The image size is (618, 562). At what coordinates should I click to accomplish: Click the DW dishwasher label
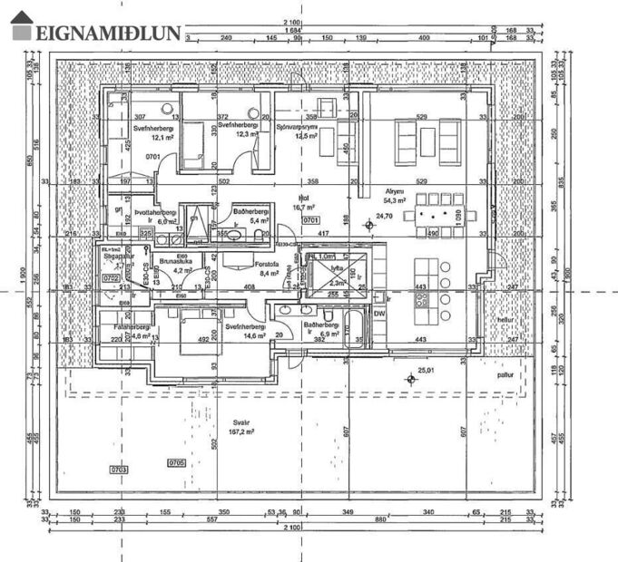379,313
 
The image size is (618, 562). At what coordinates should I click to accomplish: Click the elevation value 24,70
384,216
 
